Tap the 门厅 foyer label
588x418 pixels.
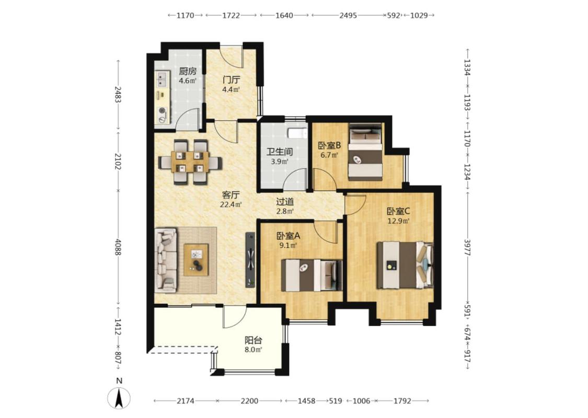pyautogui.click(x=231, y=80)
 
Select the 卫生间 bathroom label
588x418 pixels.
pyautogui.click(x=280, y=152)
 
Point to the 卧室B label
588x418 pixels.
pyautogui.click(x=329, y=145)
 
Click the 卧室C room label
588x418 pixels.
pyautogui.click(x=398, y=211)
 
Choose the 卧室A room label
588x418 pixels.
pyautogui.click(x=288, y=236)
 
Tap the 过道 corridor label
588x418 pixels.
pyautogui.click(x=285, y=202)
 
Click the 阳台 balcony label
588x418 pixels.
pyautogui.click(x=253, y=340)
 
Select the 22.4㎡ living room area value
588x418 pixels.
pyautogui.click(x=230, y=205)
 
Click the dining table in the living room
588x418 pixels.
pyautogui.click(x=190, y=162)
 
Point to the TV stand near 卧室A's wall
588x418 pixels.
pyautogui.click(x=250, y=260)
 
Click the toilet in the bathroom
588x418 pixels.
pyautogui.click(x=297, y=133)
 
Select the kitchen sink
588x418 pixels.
pyautogui.click(x=163, y=79)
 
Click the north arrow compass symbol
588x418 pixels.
pyautogui.click(x=119, y=398)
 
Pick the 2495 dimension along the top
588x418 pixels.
pyautogui.click(x=348, y=15)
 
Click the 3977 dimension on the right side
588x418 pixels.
pyautogui.click(x=467, y=248)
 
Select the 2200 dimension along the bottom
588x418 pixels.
pyautogui.click(x=249, y=401)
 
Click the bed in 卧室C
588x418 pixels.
pyautogui.click(x=406, y=265)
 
